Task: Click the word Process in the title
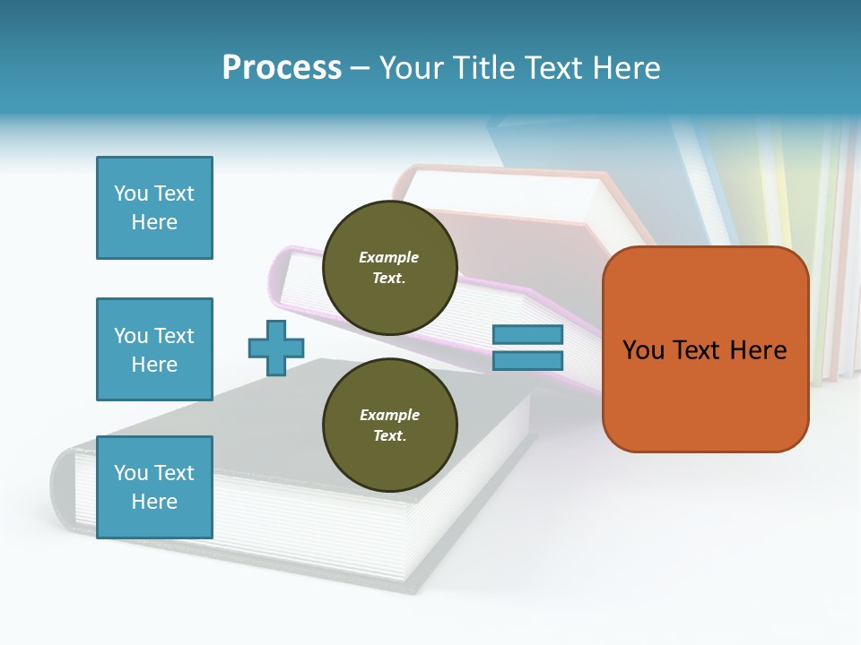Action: (x=282, y=68)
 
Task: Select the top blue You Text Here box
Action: (x=154, y=208)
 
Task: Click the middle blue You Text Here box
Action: (x=154, y=349)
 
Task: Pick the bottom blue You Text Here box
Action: (x=154, y=487)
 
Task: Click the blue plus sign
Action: (x=276, y=348)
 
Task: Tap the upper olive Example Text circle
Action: (x=389, y=267)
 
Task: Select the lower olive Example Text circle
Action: (x=389, y=425)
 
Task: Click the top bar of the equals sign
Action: (x=528, y=335)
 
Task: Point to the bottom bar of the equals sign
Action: (x=528, y=360)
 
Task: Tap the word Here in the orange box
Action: (x=758, y=350)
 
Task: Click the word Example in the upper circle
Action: (x=389, y=257)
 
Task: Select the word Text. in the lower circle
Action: (x=389, y=435)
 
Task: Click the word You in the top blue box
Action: (x=129, y=193)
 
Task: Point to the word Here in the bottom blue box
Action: (x=154, y=502)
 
